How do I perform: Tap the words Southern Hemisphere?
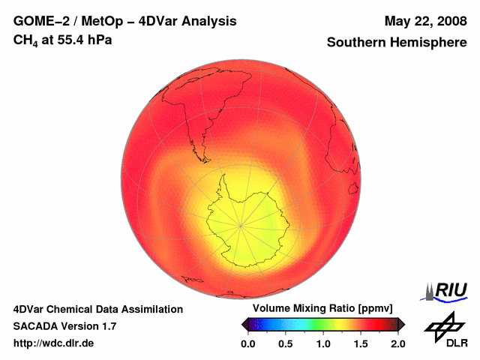[397, 43]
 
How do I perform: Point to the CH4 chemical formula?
[27, 40]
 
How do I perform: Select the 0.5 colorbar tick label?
[286, 343]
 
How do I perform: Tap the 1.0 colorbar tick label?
[323, 343]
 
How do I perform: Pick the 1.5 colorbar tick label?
[361, 343]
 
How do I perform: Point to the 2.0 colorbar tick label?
[397, 343]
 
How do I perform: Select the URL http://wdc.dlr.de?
[54, 343]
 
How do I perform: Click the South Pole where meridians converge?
[241, 224]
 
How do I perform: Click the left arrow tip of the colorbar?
[242, 324]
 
